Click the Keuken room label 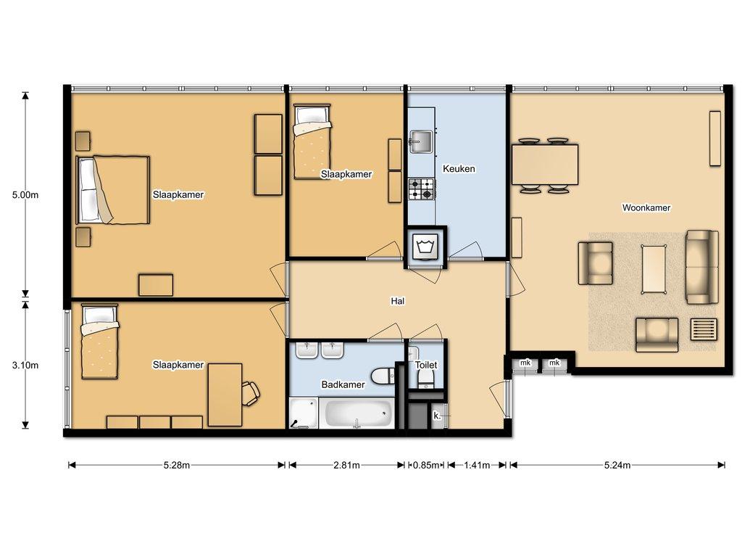pyautogui.click(x=459, y=168)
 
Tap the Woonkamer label pyautogui.click(x=646, y=207)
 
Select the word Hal pyautogui.click(x=398, y=301)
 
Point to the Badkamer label pyautogui.click(x=343, y=384)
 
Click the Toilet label pyautogui.click(x=426, y=365)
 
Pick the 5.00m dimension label pyautogui.click(x=25, y=194)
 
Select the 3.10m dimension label pyautogui.click(x=25, y=366)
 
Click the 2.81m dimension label pyautogui.click(x=347, y=465)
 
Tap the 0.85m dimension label pyautogui.click(x=426, y=465)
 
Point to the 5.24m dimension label pyautogui.click(x=617, y=465)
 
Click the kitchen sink pyautogui.click(x=421, y=142)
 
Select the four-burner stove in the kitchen pyautogui.click(x=421, y=189)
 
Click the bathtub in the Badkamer pyautogui.click(x=357, y=413)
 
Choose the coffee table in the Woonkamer pyautogui.click(x=654, y=269)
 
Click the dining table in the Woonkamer pyautogui.click(x=545, y=165)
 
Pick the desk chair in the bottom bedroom pyautogui.click(x=251, y=393)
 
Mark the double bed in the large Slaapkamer pyautogui.click(x=113, y=190)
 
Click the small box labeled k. pyautogui.click(x=438, y=416)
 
